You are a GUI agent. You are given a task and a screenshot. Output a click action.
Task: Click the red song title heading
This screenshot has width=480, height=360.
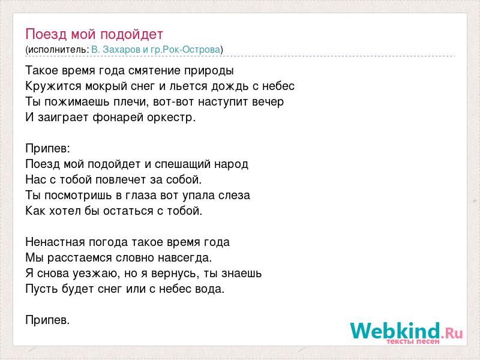[x=94, y=34]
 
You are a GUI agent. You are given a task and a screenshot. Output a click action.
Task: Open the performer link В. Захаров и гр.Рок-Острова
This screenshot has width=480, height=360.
[x=156, y=50]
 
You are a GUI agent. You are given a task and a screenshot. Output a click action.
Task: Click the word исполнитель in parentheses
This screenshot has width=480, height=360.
[x=56, y=50]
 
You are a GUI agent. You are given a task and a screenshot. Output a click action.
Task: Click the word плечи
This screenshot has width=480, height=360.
[x=131, y=102]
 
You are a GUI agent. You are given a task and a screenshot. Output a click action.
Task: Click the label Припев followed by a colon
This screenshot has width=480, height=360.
[x=48, y=149]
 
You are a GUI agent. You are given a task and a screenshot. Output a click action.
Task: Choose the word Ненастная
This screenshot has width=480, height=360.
[x=55, y=242]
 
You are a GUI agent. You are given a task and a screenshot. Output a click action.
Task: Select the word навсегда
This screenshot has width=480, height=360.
[x=185, y=258]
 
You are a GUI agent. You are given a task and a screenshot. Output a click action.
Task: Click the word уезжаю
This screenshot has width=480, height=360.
[x=96, y=274]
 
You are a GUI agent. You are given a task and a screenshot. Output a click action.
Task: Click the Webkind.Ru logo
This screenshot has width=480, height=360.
[x=406, y=333]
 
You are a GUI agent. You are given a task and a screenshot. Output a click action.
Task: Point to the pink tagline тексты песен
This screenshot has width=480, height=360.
[x=413, y=341]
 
